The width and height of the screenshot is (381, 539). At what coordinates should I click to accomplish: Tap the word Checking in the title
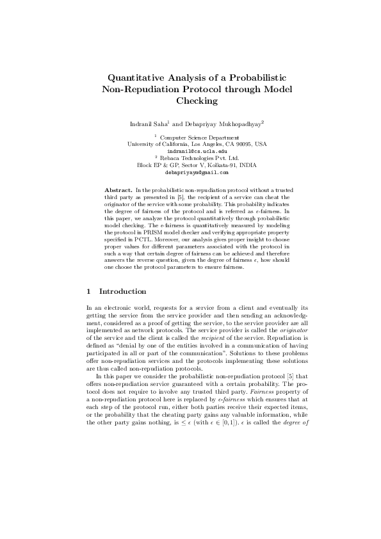click(197, 101)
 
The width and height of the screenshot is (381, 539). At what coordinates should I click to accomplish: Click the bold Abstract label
click(118, 191)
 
